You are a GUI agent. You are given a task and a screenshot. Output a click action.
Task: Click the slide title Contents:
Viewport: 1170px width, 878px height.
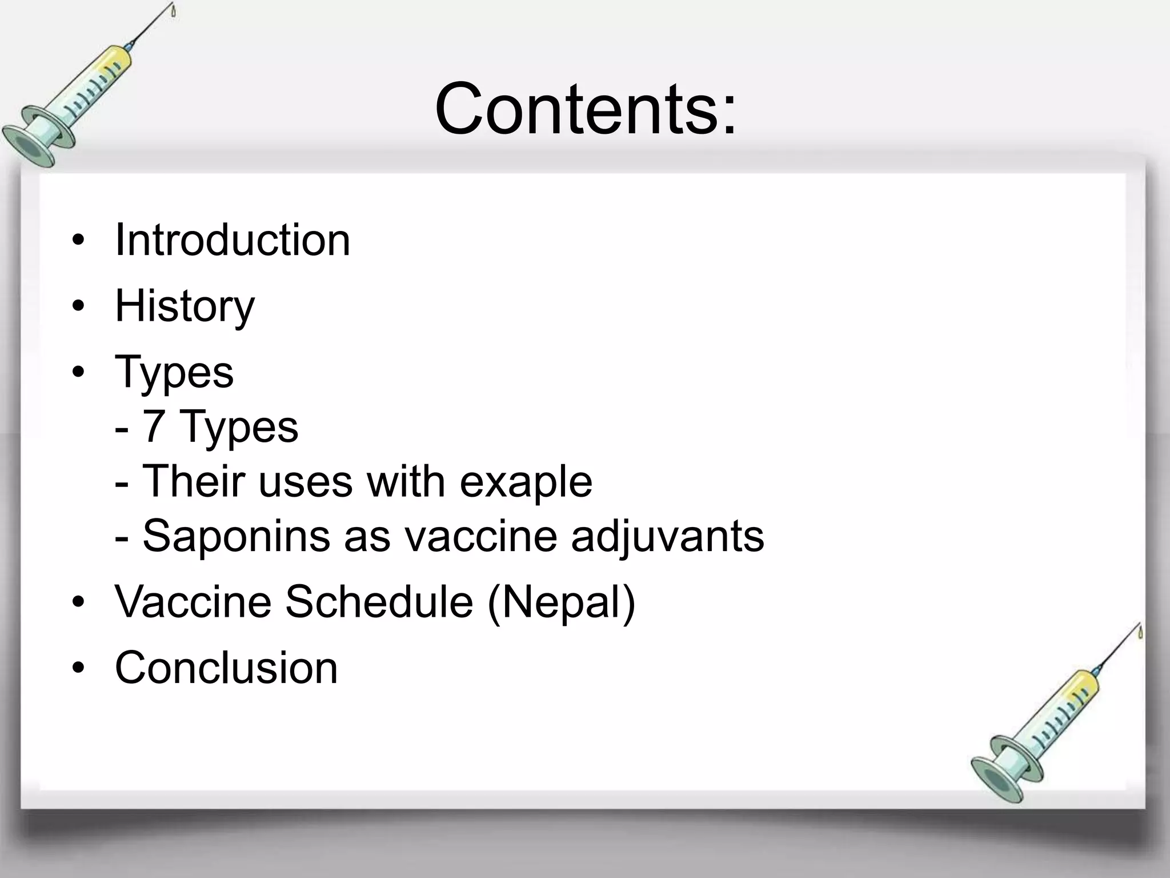coord(585,109)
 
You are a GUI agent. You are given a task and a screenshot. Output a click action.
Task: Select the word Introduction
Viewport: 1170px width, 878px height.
coord(232,240)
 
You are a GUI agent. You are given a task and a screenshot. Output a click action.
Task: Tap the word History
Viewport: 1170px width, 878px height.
coord(185,306)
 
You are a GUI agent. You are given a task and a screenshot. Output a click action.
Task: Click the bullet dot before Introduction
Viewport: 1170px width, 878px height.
coord(78,241)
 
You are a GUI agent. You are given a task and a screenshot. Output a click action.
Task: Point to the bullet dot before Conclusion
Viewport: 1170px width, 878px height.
coord(78,668)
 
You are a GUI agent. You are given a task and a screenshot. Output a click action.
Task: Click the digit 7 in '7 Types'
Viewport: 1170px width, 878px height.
coord(154,426)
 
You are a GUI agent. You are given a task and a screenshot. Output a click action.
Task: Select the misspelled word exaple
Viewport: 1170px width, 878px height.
coord(526,481)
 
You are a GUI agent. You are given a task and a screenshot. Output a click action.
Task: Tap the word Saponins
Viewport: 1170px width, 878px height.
coord(236,536)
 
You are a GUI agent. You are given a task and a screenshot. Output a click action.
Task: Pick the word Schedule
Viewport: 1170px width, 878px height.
coord(379,601)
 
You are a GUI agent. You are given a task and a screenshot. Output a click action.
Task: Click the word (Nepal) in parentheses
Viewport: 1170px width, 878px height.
coord(561,601)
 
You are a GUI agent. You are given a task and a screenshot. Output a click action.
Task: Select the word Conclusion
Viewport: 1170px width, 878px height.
coord(226,667)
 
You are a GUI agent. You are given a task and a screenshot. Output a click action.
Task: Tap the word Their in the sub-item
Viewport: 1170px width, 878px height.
coord(193,481)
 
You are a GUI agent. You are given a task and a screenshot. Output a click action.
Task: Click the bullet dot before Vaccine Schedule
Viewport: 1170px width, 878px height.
coord(78,602)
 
